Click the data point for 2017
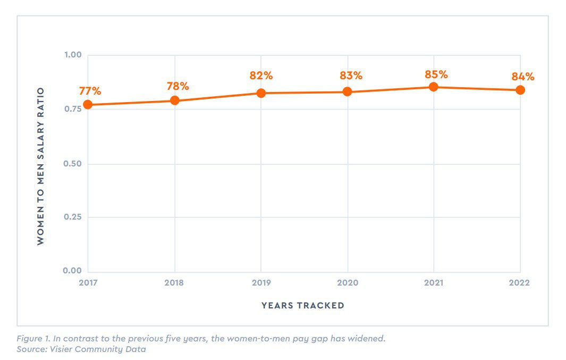click(88, 105)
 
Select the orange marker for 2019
click(261, 93)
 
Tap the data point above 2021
click(434, 87)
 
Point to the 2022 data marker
click(520, 90)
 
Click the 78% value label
click(178, 86)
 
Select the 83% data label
click(351, 76)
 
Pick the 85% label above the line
click(437, 74)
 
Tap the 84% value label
click(523, 77)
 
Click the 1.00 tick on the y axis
click(73, 55)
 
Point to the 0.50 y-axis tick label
click(73, 163)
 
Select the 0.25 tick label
click(73, 217)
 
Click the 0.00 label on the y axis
click(73, 271)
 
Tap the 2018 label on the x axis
click(174, 283)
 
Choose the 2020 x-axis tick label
click(348, 283)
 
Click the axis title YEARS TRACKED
click(303, 305)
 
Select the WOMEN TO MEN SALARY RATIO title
click(41, 166)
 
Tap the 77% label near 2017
click(90, 90)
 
